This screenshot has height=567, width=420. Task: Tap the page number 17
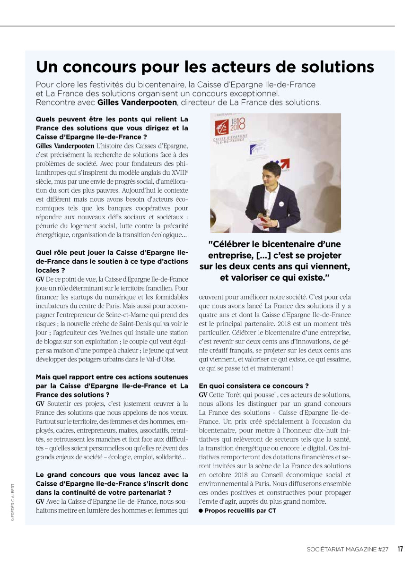pos(400,549)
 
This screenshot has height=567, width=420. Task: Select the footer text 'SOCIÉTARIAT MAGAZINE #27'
pos(348,549)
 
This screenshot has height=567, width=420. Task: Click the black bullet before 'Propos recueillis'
pos(201,511)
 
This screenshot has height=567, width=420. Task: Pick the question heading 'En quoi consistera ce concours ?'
pos(254,386)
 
